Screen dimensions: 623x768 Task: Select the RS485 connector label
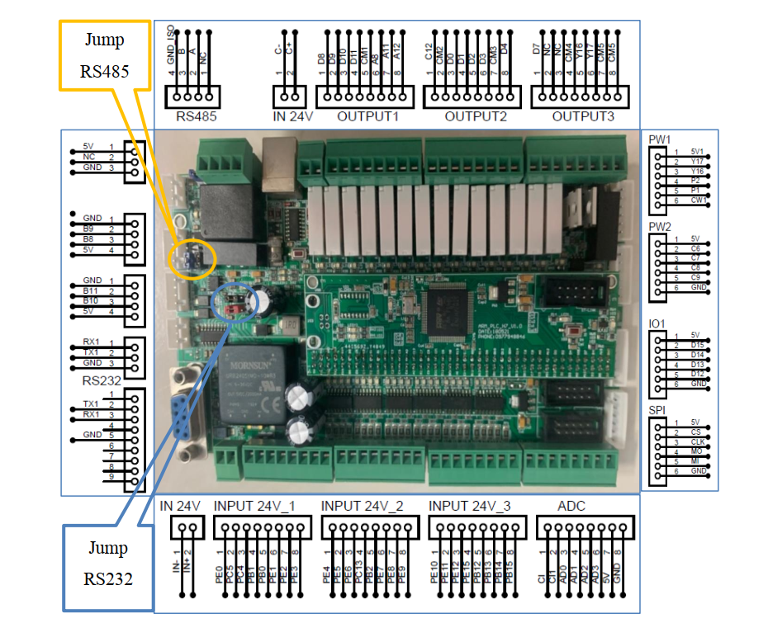[x=196, y=116]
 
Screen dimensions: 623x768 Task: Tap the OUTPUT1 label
[x=367, y=116]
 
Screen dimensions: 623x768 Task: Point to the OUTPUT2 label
[x=475, y=116]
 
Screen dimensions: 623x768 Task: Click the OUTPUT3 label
[x=583, y=116]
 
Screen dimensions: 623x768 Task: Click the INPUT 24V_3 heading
[x=470, y=505]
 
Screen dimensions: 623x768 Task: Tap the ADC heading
[x=571, y=505]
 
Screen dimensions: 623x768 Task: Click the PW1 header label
[x=660, y=139]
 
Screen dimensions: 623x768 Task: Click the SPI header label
[x=657, y=410]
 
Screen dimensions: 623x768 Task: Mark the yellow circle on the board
[x=192, y=258]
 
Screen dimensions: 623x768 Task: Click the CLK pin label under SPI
[x=697, y=441]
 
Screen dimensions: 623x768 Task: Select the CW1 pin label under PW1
[x=700, y=201]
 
